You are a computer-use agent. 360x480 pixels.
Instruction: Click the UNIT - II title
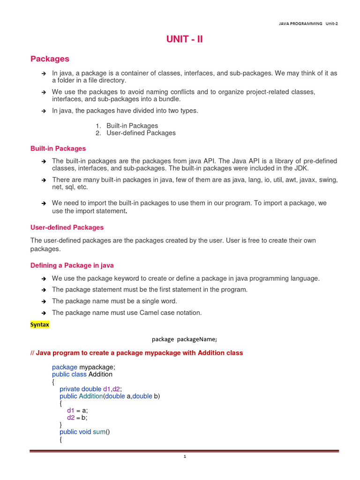tap(184, 40)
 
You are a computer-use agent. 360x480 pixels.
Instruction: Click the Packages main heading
tap(50, 59)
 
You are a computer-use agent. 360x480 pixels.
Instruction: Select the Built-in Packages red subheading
tap(58, 149)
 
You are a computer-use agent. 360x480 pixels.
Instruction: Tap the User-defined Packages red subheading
tap(67, 227)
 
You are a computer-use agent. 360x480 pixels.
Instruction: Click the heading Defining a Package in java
tap(72, 265)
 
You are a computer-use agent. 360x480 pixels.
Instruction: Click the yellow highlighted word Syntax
tap(40, 324)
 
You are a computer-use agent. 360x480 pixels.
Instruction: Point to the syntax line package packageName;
tap(184, 339)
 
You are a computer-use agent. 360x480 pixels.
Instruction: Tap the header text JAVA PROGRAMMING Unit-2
tap(308, 24)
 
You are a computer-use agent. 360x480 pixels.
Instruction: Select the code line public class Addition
tap(82, 375)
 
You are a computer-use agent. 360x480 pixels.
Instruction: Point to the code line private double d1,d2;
tap(91, 389)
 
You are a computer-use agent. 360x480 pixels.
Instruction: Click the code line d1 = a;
tap(77, 410)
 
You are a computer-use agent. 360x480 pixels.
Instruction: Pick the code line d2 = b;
tap(77, 418)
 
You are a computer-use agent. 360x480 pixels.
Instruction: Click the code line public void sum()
tap(84, 432)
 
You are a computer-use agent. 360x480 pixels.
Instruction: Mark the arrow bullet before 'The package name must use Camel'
tap(43, 313)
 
